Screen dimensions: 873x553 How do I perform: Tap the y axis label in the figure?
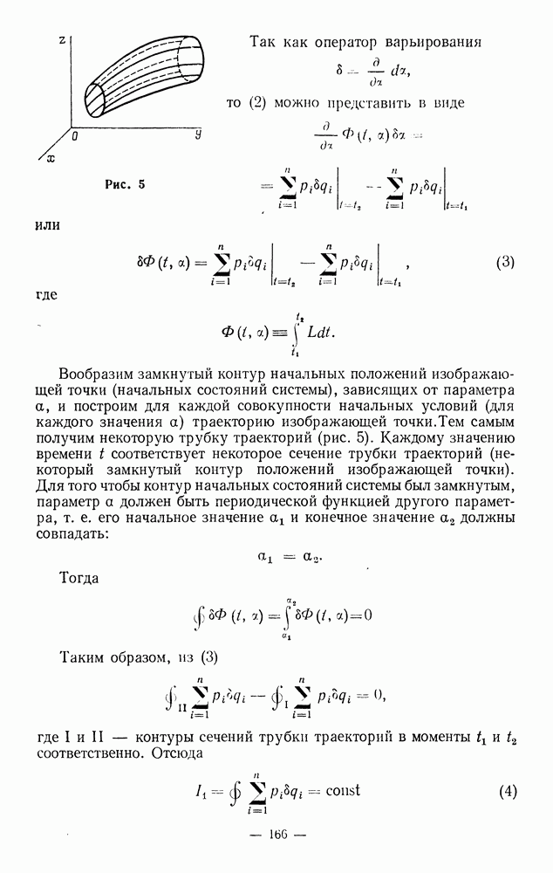199,134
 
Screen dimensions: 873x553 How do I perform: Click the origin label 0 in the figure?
76,137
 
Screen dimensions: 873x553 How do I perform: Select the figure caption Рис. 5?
125,184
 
